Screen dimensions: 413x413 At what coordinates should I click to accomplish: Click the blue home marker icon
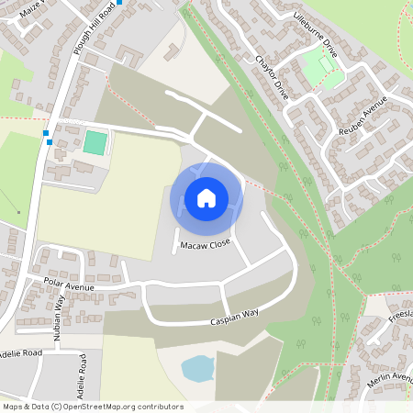point(206,197)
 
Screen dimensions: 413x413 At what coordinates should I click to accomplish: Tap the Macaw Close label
point(205,246)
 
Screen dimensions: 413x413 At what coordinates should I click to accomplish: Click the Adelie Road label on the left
point(20,352)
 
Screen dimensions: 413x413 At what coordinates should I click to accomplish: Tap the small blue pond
point(198,369)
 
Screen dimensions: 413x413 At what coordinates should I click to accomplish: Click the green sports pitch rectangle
point(94,142)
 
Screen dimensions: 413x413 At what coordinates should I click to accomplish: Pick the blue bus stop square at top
point(119,2)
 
